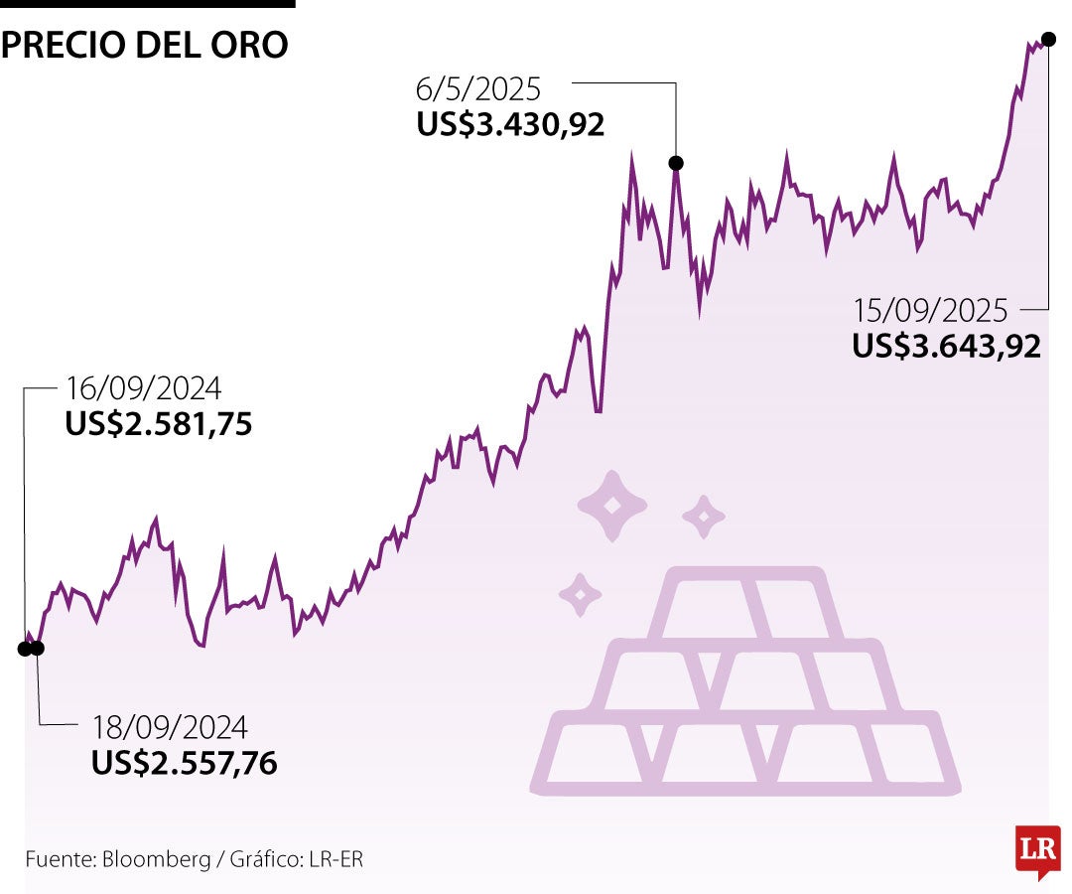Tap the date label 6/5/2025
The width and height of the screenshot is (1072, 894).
coord(478,89)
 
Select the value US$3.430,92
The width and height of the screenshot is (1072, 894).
coord(510,124)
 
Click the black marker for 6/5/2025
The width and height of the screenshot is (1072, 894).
coord(676,163)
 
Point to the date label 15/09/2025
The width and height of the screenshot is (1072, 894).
coord(930,311)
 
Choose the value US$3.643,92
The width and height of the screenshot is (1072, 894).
coord(946,346)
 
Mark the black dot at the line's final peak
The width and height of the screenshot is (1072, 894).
coord(1048,39)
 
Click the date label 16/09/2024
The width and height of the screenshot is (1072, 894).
coord(143,387)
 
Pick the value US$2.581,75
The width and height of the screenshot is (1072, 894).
coord(159,424)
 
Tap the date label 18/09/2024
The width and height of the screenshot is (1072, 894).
coord(169,727)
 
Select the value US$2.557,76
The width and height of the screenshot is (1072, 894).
coord(184,763)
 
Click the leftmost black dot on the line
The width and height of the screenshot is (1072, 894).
coord(25,649)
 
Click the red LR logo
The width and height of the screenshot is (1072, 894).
coord(1037,850)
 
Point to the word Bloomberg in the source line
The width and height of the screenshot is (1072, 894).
coord(154,859)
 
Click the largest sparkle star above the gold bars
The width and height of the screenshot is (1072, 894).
coord(612,507)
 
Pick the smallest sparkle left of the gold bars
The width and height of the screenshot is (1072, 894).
coord(581,595)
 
